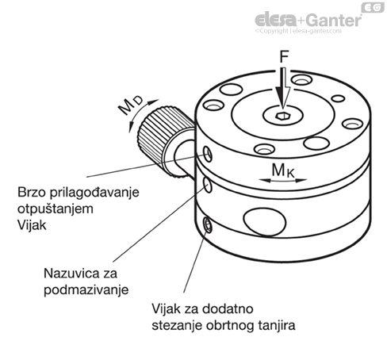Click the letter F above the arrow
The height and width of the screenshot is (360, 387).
pyautogui.click(x=284, y=56)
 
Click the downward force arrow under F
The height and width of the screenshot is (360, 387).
pyautogui.click(x=283, y=88)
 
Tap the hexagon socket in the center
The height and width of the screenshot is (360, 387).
pyautogui.click(x=283, y=116)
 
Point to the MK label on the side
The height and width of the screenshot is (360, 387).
pyautogui.click(x=282, y=170)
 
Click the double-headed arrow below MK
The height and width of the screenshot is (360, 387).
pyautogui.click(x=282, y=181)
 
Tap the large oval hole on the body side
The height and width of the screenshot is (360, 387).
pyautogui.click(x=265, y=221)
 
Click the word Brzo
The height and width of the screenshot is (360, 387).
pyautogui.click(x=32, y=192)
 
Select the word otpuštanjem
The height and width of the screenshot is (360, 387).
pyautogui.click(x=56, y=209)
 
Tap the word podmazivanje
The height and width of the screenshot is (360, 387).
pyautogui.click(x=86, y=290)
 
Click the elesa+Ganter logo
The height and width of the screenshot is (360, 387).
pyautogui.click(x=308, y=20)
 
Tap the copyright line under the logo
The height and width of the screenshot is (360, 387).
pyautogui.click(x=298, y=31)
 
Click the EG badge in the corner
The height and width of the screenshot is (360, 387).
pyautogui.click(x=373, y=7)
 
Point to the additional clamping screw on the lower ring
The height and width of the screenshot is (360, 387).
pyautogui.click(x=208, y=225)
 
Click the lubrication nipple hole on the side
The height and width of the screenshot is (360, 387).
pyautogui.click(x=208, y=185)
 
